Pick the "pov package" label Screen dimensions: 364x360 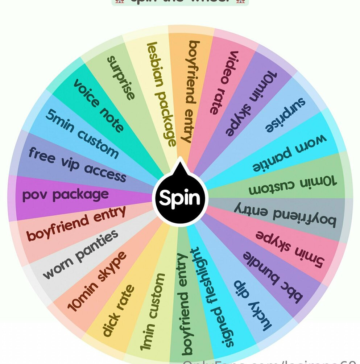(x=66, y=195)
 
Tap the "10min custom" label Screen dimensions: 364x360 (x=292, y=185)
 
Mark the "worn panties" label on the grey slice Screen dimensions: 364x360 (x=80, y=254)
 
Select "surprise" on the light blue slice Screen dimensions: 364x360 (x=285, y=115)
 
